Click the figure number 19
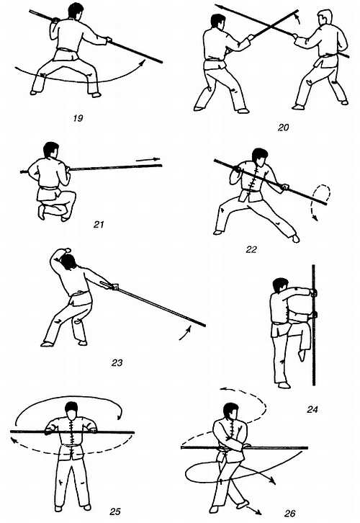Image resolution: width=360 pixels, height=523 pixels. point(78,118)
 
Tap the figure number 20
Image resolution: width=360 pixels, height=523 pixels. point(283,128)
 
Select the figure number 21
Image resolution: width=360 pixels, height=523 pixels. point(99,225)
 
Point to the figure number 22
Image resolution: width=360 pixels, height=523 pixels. point(251,249)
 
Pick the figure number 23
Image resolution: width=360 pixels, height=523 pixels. point(117,362)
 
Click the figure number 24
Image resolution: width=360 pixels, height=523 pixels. point(312,409)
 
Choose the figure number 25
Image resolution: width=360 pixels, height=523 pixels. point(115,511)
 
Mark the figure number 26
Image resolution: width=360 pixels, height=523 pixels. point(289,513)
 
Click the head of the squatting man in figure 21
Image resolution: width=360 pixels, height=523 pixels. point(51,150)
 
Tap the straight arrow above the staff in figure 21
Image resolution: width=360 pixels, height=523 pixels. point(148,160)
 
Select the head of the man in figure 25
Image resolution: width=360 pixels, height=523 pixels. point(72,411)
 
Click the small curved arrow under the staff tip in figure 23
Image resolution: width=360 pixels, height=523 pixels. point(185,334)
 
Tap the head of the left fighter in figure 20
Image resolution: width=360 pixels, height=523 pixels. point(218,22)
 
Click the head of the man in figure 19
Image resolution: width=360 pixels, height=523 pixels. point(76,11)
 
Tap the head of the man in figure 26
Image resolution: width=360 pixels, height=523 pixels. point(231,411)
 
